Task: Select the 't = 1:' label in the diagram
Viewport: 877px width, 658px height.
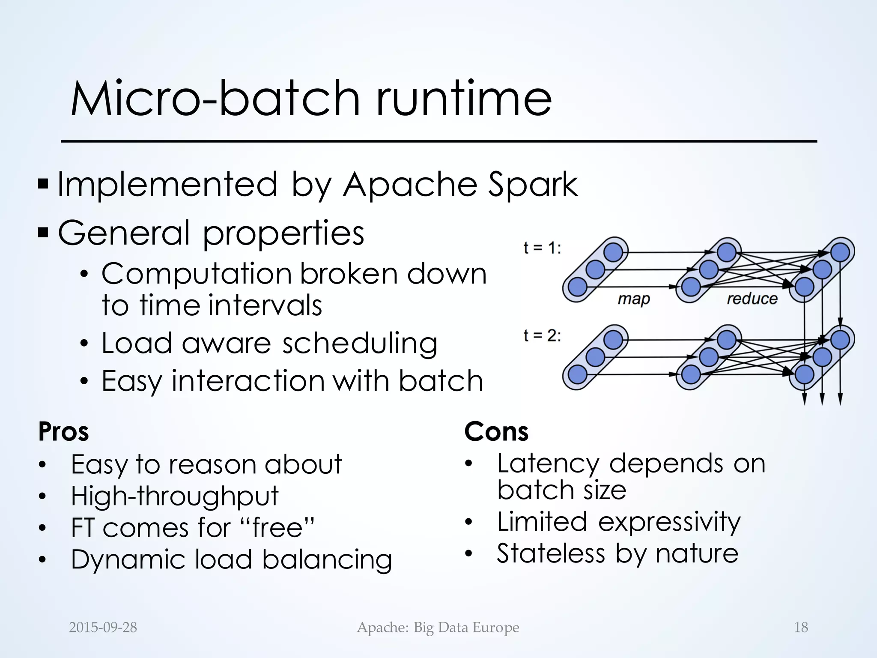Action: tap(542, 248)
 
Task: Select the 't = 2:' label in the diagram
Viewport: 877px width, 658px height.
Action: tap(542, 335)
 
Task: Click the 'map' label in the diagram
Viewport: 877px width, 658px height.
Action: tap(633, 299)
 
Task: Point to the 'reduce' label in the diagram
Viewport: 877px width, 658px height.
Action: tap(752, 298)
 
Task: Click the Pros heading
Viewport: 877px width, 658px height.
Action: tap(63, 431)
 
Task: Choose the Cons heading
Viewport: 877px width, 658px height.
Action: tap(496, 431)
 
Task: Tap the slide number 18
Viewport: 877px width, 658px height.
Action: tap(801, 628)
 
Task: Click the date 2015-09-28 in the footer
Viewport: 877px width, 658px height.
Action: tap(103, 628)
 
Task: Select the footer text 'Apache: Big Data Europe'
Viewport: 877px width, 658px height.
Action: tap(438, 628)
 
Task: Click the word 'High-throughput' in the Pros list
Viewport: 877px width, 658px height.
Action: tap(175, 496)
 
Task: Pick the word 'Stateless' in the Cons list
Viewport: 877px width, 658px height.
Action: tap(551, 553)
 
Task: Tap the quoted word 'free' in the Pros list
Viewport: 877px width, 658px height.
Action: tap(278, 528)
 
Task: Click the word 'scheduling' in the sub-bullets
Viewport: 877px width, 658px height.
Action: tap(360, 344)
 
